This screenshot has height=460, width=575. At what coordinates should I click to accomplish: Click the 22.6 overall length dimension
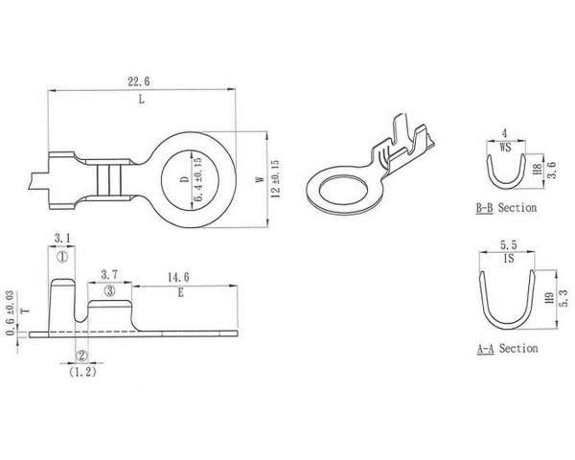click(x=139, y=81)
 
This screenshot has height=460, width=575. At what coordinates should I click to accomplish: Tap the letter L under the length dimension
click(x=142, y=99)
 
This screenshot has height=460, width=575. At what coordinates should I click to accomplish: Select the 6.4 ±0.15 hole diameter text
click(x=197, y=180)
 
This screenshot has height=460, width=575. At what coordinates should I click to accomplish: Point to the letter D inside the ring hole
click(x=186, y=179)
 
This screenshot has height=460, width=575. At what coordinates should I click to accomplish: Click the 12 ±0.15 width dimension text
click(x=275, y=179)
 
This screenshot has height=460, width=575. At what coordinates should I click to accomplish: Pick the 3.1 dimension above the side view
click(x=62, y=239)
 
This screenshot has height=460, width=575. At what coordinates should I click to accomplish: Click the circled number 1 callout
click(x=62, y=257)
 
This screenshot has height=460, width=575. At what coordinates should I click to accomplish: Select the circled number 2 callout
click(x=81, y=356)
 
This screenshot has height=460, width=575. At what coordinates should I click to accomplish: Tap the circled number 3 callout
click(x=109, y=291)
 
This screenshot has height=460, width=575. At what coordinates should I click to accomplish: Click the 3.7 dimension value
click(x=109, y=274)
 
